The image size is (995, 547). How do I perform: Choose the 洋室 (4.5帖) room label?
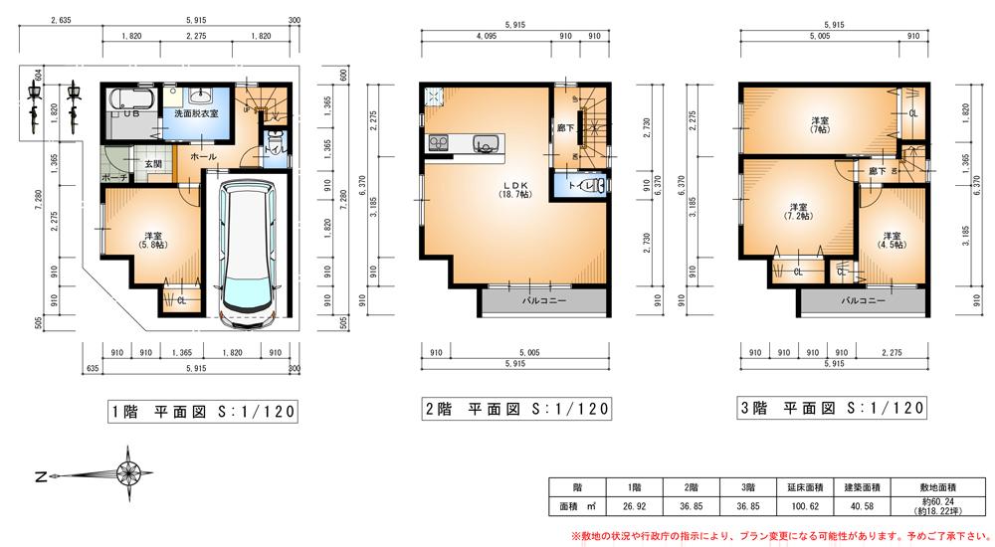pos(889,240)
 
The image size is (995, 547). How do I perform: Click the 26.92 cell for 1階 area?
pos(634,506)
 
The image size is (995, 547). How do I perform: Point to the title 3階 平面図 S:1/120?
pos(831,408)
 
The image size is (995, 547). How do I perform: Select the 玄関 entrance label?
pos(152,163)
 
